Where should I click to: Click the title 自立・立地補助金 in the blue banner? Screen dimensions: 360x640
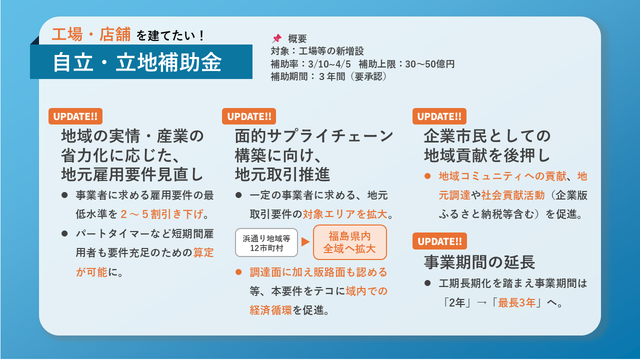[x=137, y=62]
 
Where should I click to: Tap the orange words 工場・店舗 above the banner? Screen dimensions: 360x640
[x=91, y=34]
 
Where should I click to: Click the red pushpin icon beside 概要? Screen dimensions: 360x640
[x=276, y=38]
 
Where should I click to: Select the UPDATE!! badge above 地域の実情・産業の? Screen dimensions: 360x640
[x=75, y=116]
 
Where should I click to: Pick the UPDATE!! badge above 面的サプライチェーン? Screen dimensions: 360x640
[x=249, y=116]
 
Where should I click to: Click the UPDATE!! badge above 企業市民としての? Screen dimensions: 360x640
[x=439, y=116]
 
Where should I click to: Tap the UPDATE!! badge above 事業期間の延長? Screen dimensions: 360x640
[x=439, y=241]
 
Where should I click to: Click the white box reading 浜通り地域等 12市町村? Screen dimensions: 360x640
[x=266, y=242]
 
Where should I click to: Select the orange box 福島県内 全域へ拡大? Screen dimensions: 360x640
[x=350, y=242]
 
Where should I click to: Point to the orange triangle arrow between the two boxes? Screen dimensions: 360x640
[x=305, y=242]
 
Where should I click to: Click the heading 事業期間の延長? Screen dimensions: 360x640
[x=479, y=261]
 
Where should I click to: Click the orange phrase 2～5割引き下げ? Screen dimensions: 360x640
[x=162, y=214]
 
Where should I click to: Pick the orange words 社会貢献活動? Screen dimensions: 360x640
[x=506, y=195]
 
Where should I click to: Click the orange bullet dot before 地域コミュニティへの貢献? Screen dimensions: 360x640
[x=427, y=176]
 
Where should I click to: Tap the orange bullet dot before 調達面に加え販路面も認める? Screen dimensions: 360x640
[x=238, y=272]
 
